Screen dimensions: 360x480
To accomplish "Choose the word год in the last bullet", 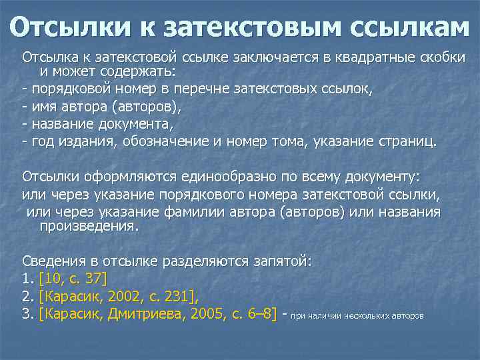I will [41, 141].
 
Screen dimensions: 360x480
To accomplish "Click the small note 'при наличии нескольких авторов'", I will [357, 315].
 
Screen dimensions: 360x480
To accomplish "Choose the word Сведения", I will [52, 261].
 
